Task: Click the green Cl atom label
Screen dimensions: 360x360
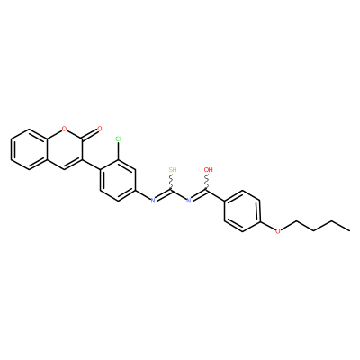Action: tap(119, 139)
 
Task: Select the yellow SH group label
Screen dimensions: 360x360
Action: tap(173, 170)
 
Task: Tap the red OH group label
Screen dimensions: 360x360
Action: tap(208, 170)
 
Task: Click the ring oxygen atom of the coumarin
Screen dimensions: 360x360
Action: tap(64, 130)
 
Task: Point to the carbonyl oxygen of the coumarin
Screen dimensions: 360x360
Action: tap(100, 130)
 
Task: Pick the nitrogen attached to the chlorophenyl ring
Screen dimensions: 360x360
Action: tap(153, 201)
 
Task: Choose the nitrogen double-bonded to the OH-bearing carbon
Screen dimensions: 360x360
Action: tap(189, 201)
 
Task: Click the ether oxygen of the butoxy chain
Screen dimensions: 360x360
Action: tap(278, 231)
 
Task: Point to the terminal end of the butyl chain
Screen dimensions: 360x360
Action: tap(349, 230)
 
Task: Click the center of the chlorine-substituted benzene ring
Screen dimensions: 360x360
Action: tap(118, 180)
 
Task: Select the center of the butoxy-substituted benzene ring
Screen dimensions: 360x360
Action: tap(242, 211)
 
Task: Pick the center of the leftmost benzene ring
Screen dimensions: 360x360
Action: tap(29, 149)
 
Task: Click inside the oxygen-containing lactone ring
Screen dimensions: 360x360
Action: tap(64, 149)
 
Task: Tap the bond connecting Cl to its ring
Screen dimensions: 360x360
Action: tap(119, 151)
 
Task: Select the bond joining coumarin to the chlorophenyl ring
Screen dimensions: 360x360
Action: tap(91, 165)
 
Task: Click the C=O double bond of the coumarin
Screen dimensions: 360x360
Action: tap(89, 135)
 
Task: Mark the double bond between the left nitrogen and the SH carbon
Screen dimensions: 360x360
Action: tap(164, 195)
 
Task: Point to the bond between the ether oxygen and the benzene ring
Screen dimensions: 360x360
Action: tap(268, 226)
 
